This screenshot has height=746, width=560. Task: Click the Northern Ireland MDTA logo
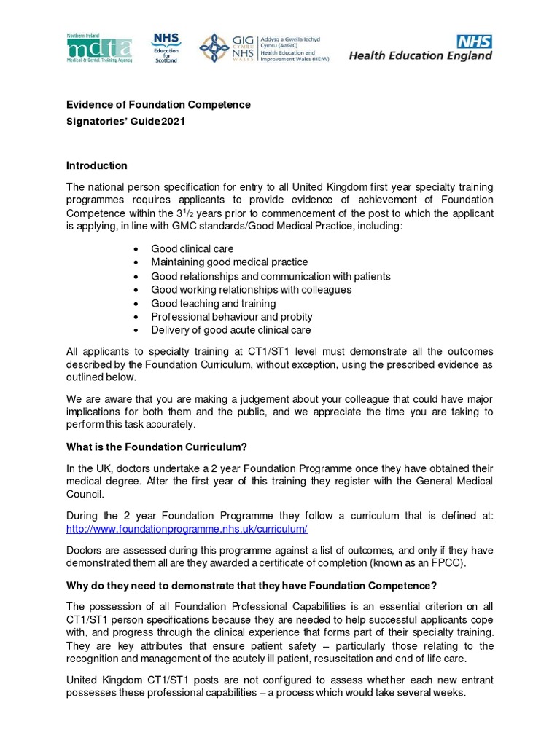coord(99,49)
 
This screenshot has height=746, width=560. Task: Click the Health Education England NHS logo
coord(421,48)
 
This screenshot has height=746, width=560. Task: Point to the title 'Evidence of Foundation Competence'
coord(158,104)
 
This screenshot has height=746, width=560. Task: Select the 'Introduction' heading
coord(96,165)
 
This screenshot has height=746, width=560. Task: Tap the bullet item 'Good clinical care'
coord(192,249)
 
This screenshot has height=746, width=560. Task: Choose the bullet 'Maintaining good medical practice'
coord(229,262)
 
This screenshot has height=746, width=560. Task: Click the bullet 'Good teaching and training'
coord(213,303)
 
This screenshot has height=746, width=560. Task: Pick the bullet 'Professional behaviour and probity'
coord(231,317)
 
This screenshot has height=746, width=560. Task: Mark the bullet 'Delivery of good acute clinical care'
coord(230,330)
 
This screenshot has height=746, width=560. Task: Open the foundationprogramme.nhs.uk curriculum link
coord(187,529)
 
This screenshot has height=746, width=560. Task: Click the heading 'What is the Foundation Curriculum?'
coord(163,446)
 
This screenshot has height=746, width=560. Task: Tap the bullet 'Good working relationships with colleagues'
coord(251,289)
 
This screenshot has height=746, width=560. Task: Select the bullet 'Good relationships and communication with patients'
coord(271,276)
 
